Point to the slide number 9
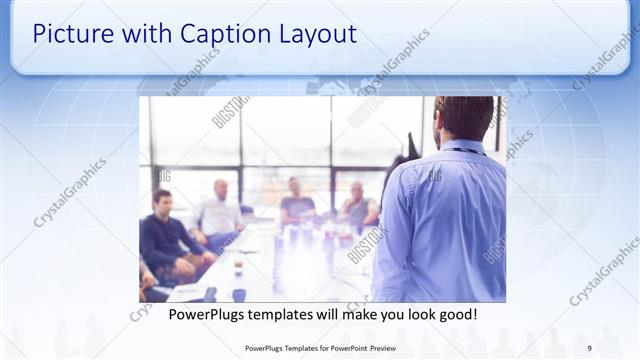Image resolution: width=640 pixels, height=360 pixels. click(589, 348)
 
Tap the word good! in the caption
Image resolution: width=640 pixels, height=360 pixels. click(455, 315)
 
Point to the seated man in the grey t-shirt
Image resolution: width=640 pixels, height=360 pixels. click(297, 204)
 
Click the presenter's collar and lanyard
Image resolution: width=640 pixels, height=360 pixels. click(462, 147)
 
